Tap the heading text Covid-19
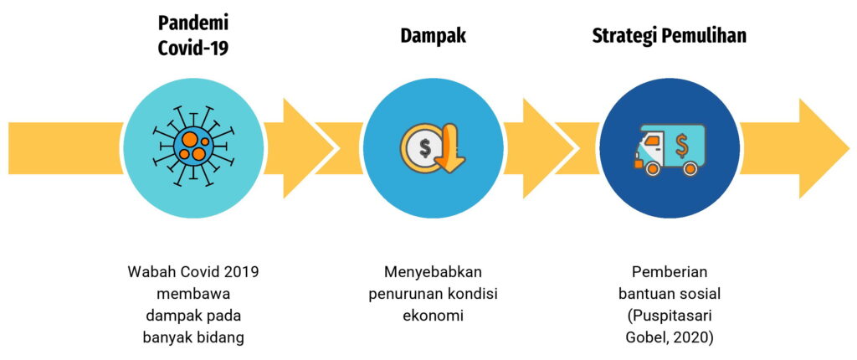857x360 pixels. [193, 48]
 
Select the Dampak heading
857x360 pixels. [433, 36]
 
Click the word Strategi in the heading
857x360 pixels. [624, 36]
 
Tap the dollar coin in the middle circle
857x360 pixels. [424, 149]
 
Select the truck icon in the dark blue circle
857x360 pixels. [670, 149]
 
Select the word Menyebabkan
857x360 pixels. [433, 273]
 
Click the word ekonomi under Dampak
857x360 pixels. [433, 316]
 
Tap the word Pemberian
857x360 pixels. [670, 273]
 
